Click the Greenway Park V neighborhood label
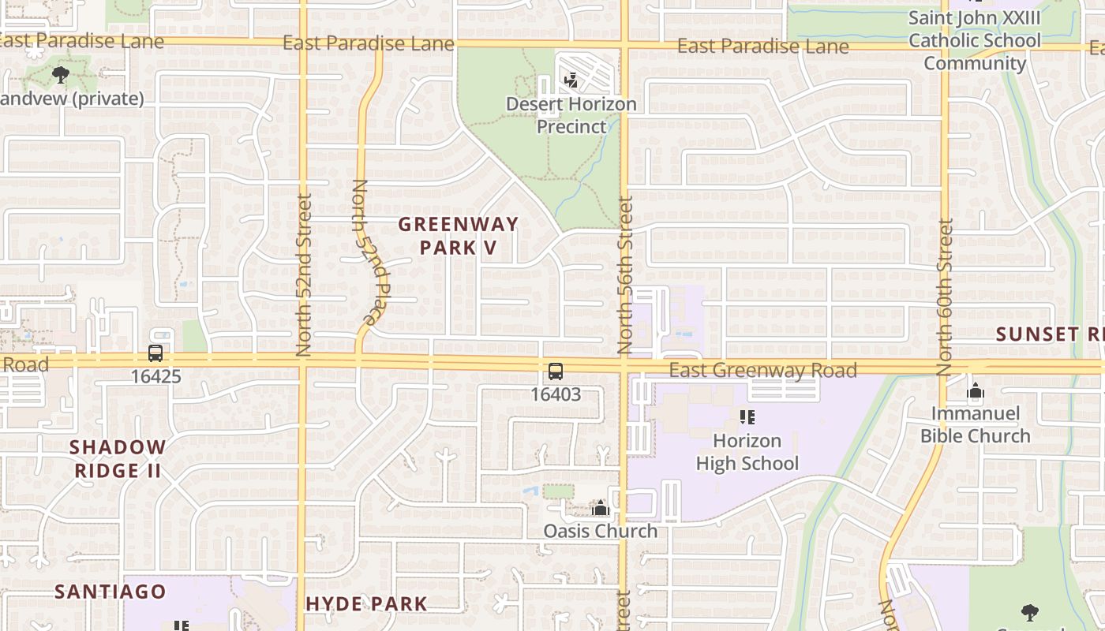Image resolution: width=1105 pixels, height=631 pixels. [458, 235]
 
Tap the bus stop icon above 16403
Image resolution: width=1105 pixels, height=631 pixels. [556, 372]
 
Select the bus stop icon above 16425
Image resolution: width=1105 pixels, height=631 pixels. [155, 353]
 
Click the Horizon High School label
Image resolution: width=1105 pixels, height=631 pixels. [747, 452]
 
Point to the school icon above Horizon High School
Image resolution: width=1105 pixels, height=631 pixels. [747, 417]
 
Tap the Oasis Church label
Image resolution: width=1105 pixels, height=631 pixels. [600, 531]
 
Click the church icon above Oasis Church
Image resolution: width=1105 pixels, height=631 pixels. [600, 509]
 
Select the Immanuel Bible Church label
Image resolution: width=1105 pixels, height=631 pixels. [976, 424]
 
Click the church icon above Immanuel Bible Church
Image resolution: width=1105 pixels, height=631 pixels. [976, 391]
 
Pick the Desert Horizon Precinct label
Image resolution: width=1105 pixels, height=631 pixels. [571, 115]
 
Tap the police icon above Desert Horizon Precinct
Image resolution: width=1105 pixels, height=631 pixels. [571, 80]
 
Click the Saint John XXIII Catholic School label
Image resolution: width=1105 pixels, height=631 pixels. [974, 40]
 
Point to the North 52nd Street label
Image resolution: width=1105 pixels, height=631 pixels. [304, 274]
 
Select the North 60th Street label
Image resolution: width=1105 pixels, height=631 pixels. [946, 297]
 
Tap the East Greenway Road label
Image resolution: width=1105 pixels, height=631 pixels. [762, 370]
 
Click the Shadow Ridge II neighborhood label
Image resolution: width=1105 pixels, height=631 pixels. [118, 459]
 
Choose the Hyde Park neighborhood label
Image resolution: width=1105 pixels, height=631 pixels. [366, 604]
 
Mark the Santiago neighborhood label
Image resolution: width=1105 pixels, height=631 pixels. [110, 592]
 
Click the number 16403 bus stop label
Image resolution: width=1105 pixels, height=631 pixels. [556, 394]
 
